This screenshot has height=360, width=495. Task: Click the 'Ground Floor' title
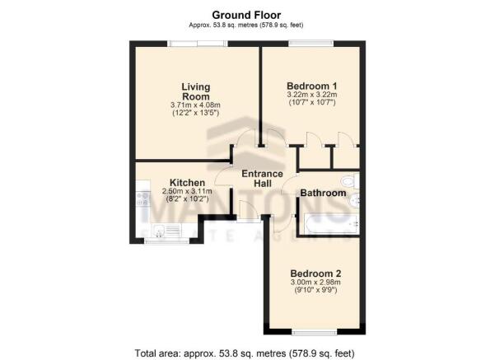tap(246, 15)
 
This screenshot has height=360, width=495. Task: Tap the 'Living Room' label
tap(195, 91)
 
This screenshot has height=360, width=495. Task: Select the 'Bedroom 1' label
tap(311, 86)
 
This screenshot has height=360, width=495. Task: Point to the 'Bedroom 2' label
tap(315, 274)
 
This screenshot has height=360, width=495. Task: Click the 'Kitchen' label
tap(187, 183)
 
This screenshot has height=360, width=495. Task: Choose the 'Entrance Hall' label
tap(263, 179)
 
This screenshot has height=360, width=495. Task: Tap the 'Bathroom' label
tap(323, 193)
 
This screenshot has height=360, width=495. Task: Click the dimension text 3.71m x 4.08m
tap(195, 105)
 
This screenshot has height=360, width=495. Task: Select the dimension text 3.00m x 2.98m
tap(315, 282)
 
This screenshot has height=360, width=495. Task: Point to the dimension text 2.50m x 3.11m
tap(187, 191)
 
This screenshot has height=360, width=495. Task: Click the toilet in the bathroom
tap(350, 181)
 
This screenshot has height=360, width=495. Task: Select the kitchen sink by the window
tap(166, 231)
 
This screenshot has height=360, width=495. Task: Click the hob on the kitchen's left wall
tap(143, 199)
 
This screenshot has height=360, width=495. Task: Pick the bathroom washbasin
tap(354, 199)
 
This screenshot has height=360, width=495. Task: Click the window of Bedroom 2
tap(315, 332)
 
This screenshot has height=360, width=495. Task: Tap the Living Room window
tap(198, 44)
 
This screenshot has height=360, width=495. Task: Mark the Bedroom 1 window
tap(311, 44)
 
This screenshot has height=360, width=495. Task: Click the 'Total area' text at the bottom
tap(245, 353)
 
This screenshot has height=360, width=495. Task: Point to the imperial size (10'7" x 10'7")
tap(312, 102)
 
